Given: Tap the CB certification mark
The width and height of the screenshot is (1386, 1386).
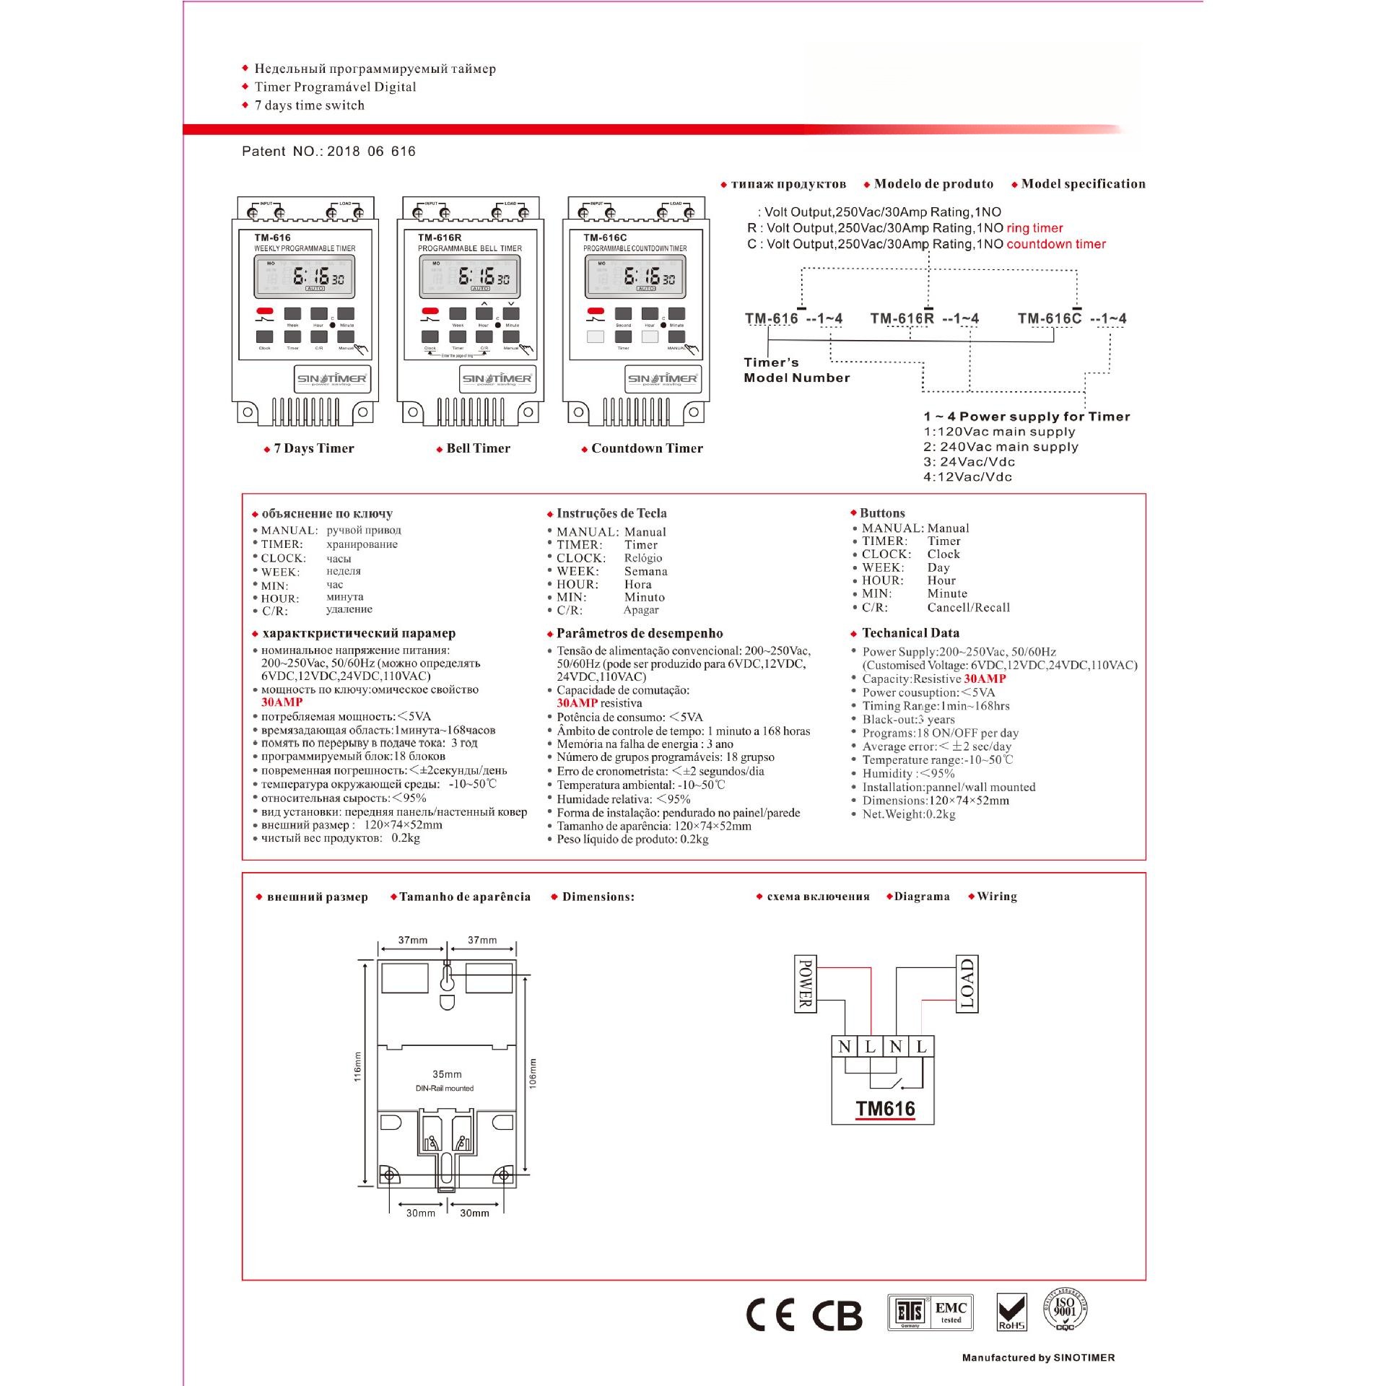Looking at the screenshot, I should coord(837,1316).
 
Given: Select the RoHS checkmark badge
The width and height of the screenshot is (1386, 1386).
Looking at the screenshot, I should coord(1011,1312).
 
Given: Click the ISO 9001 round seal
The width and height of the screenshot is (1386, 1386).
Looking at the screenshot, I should coord(1065,1309).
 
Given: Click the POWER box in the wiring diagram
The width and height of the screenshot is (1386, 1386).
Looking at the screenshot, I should coord(806,984).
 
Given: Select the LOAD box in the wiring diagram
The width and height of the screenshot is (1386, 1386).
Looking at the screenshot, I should coord(967,984).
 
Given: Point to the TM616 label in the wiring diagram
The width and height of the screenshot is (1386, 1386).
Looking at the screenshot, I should coord(885,1108).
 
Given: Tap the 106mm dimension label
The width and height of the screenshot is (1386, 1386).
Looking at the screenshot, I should coord(533,1073).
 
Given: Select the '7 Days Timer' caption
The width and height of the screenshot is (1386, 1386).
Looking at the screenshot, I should coord(314,448).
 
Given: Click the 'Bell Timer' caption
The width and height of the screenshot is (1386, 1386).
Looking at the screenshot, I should coord(478,448).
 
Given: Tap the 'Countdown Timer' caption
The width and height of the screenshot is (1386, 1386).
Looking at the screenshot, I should coord(647,448).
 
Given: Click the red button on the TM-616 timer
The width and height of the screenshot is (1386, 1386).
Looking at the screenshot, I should coord(265,311).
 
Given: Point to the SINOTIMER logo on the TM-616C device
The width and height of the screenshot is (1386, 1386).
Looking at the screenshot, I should coord(663,378).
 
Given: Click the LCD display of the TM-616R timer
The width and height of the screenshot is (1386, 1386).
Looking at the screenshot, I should coord(480,276).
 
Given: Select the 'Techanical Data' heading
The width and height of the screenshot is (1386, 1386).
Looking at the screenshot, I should coord(910,633).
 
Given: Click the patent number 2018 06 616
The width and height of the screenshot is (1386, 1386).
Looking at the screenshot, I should coord(371,152).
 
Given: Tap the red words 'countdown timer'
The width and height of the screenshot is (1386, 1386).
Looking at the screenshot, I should coord(1056,244).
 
